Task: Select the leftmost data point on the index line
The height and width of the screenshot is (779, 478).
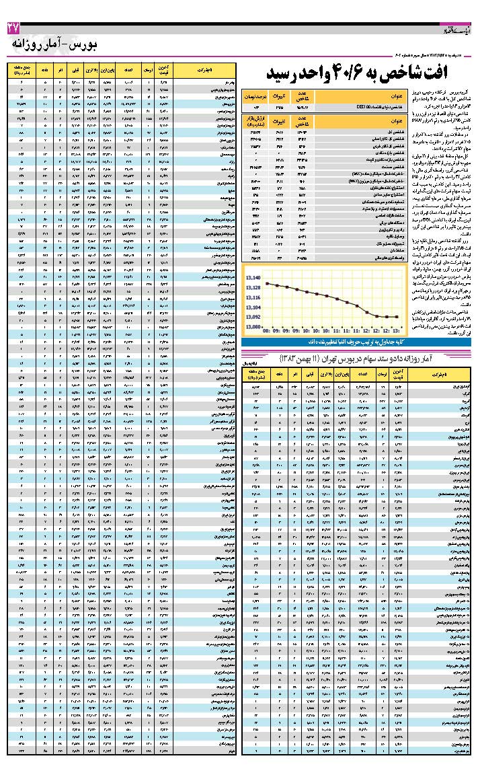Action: [267, 283]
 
